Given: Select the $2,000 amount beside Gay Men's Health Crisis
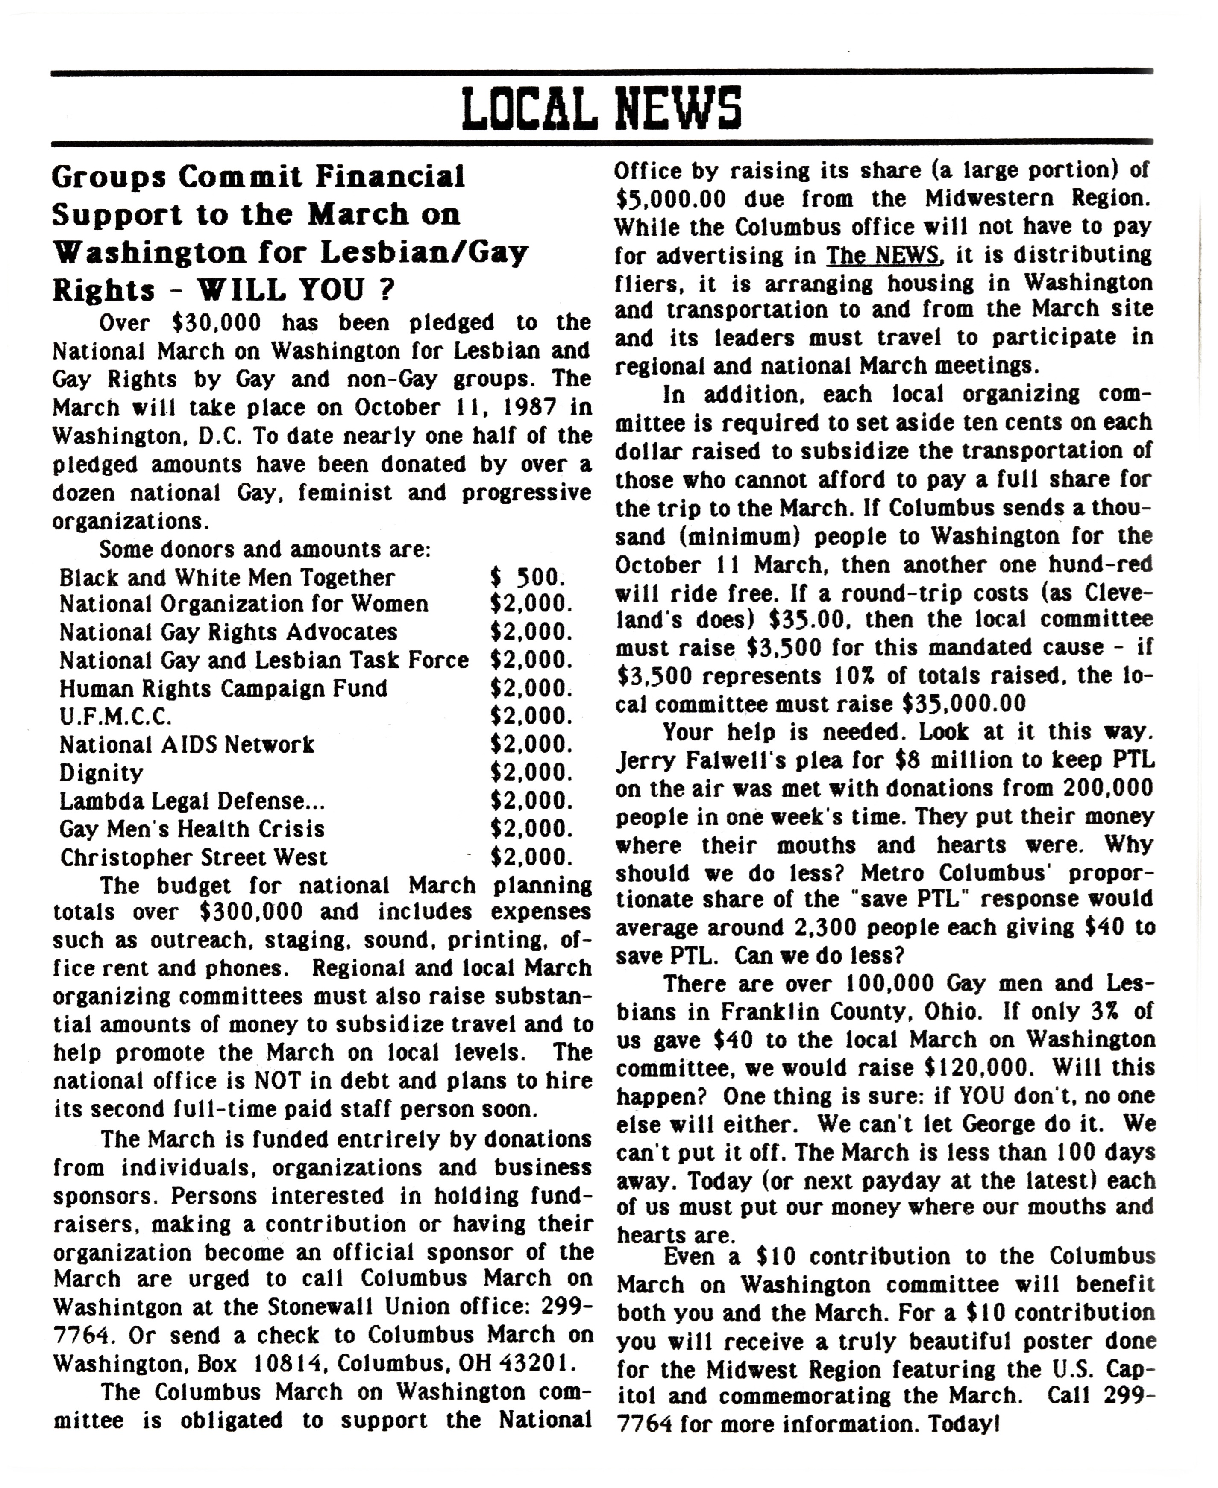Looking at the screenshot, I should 531,829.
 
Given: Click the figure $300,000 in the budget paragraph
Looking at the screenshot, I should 251,912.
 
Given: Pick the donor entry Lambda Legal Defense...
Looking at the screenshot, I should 191,801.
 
